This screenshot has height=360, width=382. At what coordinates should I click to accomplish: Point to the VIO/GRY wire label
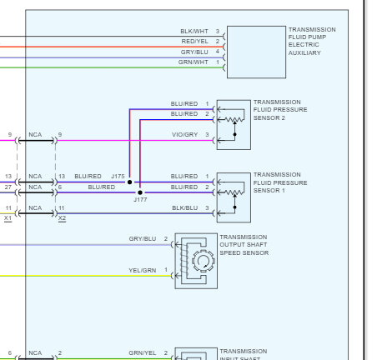click(184, 134)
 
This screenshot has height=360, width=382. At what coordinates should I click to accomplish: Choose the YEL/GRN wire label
click(142, 269)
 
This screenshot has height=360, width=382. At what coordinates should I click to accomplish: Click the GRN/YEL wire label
click(142, 353)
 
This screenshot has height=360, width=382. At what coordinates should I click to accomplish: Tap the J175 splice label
click(117, 177)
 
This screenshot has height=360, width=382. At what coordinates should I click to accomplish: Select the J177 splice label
click(140, 200)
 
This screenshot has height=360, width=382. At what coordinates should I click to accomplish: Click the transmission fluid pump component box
click(255, 51)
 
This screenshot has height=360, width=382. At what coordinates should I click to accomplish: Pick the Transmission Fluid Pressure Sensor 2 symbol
click(233, 124)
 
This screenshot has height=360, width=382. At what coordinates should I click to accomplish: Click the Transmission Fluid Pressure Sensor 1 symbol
click(233, 197)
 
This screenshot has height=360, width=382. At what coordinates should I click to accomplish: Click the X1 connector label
click(8, 217)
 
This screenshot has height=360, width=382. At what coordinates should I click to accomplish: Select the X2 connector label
click(62, 217)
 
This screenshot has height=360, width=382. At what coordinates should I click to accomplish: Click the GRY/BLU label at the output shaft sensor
click(142, 239)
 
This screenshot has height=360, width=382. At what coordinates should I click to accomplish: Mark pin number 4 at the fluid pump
click(218, 52)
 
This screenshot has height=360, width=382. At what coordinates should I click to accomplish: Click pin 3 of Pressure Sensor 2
click(207, 134)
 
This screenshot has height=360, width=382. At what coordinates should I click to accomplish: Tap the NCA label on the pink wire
click(34, 134)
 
